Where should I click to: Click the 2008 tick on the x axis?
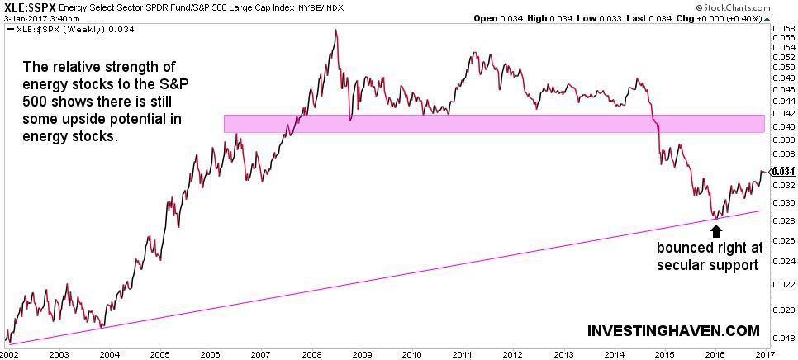[312, 353]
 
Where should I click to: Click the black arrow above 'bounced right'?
[715, 233]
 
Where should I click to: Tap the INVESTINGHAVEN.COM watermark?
[673, 330]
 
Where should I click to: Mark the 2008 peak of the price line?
[335, 31]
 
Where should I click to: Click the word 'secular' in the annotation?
[683, 266]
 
